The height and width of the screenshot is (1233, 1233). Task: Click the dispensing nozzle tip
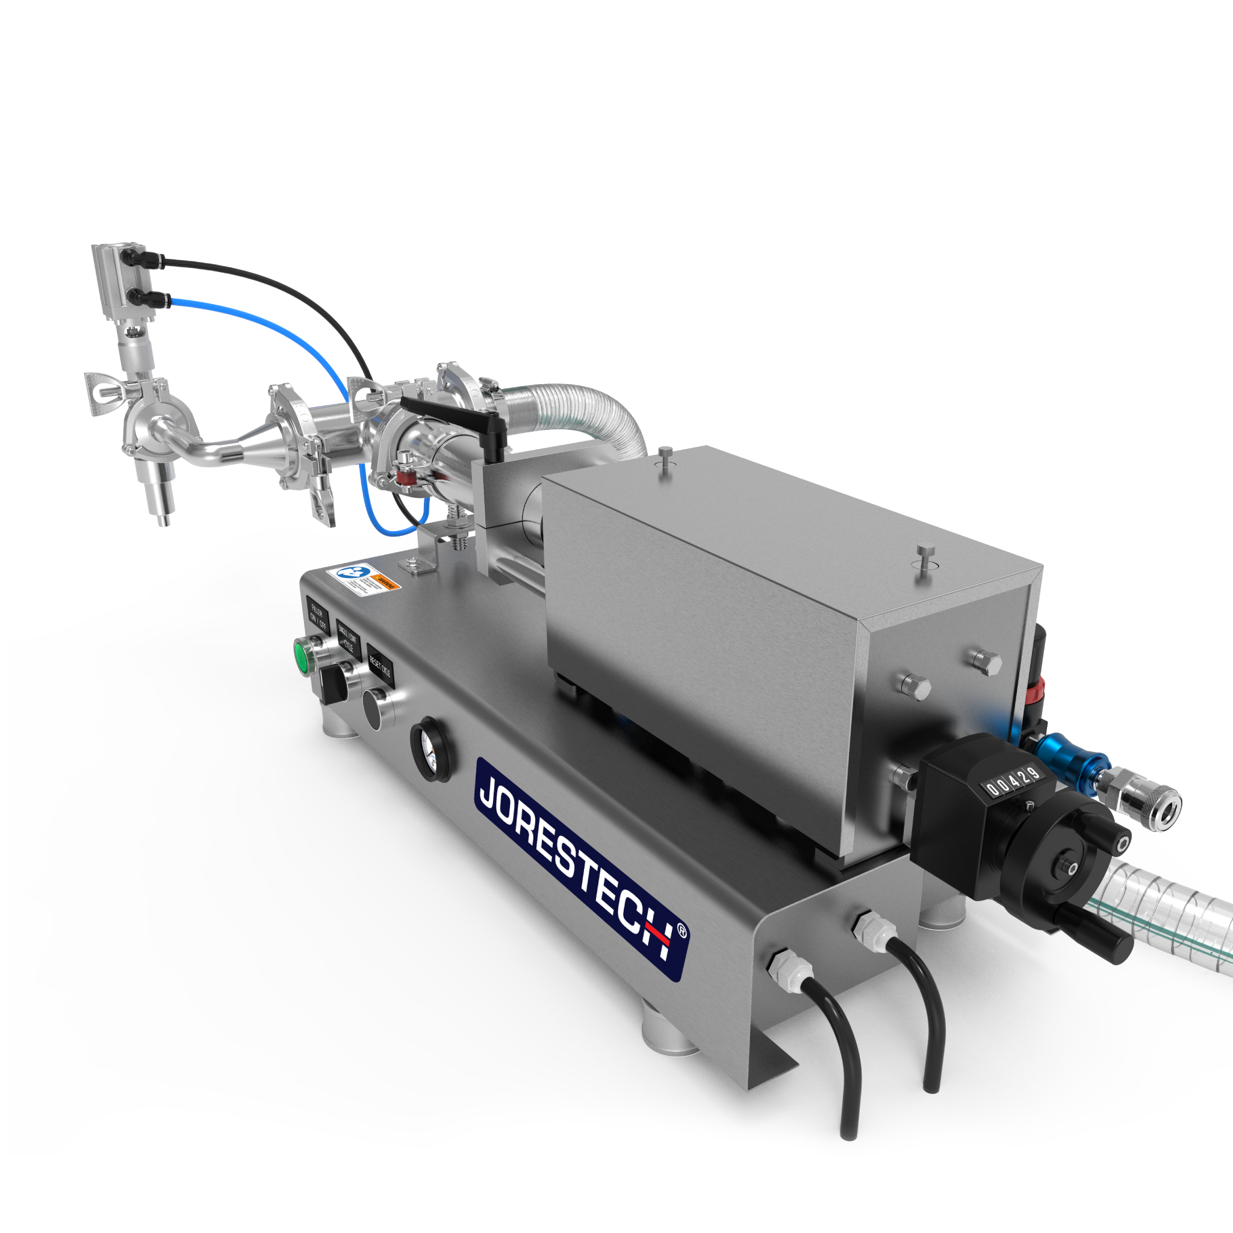(x=163, y=521)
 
